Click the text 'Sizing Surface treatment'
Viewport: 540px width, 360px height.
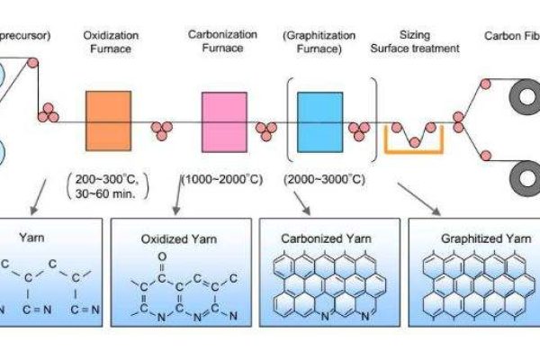(x=415, y=42)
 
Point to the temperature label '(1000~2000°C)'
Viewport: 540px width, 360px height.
(x=222, y=179)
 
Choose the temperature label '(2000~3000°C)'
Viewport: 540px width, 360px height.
(x=323, y=179)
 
